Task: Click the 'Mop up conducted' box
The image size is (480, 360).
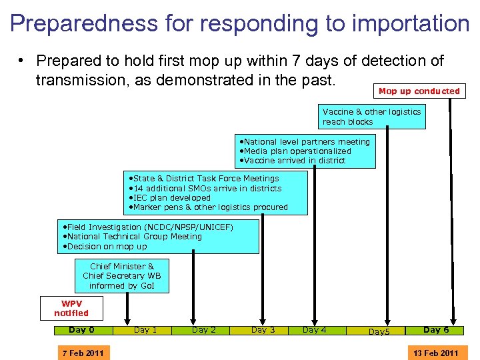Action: click(x=419, y=91)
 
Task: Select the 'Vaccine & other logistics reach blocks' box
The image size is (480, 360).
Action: click(x=372, y=117)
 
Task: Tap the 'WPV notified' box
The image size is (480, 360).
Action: click(x=71, y=308)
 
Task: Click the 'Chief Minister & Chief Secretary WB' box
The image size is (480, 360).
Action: click(x=121, y=276)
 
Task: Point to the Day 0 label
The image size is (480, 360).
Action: click(x=82, y=330)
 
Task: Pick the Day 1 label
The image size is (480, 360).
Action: click(x=145, y=330)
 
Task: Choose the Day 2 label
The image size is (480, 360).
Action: click(x=203, y=330)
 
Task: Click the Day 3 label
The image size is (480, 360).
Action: click(x=263, y=330)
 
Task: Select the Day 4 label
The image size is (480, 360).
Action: click(x=315, y=330)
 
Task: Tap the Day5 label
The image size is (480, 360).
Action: click(x=379, y=331)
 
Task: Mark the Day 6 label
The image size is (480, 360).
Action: click(x=436, y=330)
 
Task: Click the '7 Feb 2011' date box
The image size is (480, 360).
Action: click(x=83, y=353)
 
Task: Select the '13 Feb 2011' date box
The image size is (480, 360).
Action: click(x=435, y=353)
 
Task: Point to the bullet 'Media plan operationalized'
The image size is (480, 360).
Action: click(x=297, y=151)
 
